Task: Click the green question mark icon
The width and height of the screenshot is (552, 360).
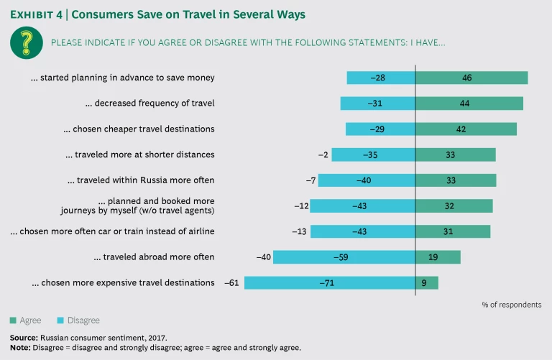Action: (26, 42)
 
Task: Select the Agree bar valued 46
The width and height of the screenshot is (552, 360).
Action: (471, 78)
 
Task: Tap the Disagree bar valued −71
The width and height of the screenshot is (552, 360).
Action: (330, 282)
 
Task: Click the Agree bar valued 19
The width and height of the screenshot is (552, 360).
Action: (438, 257)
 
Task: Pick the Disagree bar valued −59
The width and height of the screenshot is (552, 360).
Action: (344, 257)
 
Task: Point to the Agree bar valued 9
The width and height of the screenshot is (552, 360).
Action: (427, 282)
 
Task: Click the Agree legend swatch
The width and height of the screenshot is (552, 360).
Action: (14, 320)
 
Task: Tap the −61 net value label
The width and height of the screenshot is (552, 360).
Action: (231, 282)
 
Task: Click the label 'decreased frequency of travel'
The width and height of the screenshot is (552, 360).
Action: (149, 103)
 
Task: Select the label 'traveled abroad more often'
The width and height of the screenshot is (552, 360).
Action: (155, 257)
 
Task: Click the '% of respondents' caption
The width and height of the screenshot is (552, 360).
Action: (511, 305)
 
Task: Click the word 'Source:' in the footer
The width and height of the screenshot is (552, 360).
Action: (24, 337)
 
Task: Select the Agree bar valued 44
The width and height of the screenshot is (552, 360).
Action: (469, 103)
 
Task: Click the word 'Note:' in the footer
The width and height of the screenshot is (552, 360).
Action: (20, 347)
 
